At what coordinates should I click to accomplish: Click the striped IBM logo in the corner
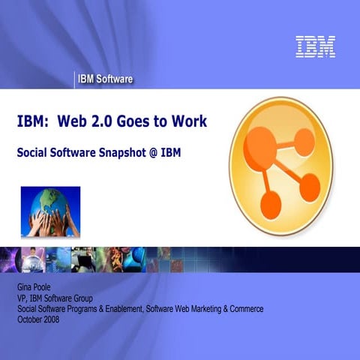pos(315,46)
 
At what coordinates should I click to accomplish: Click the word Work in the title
pos(190,121)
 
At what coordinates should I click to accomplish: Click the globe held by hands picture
pos(50,211)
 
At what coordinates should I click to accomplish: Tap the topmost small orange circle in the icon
pos(304,141)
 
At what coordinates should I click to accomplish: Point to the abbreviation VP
pos(22,298)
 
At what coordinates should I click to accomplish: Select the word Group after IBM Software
pos(94,298)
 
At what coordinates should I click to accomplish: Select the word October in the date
pos(31,318)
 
